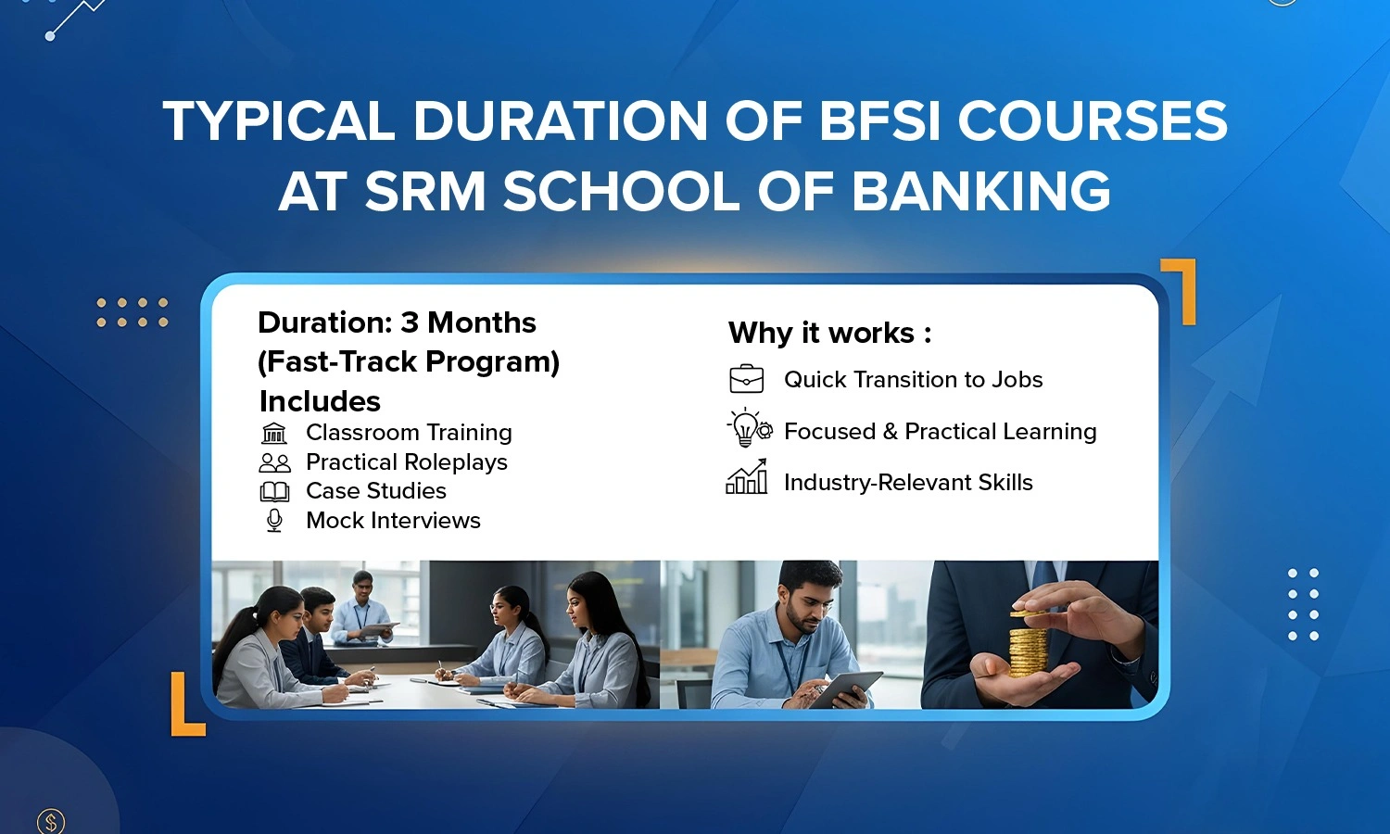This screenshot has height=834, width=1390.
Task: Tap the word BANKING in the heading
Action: click(x=981, y=191)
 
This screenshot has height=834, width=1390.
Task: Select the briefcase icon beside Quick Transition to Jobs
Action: click(x=747, y=378)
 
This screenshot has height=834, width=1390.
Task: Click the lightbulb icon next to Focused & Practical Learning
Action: click(x=749, y=427)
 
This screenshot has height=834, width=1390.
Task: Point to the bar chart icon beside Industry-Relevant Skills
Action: click(x=747, y=476)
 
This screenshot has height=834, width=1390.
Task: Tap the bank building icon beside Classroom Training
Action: click(x=273, y=433)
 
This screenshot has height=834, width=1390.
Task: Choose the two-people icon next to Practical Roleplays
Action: click(x=274, y=463)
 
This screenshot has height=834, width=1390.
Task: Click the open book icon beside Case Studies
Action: click(x=274, y=492)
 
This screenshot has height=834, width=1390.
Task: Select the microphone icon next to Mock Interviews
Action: click(x=274, y=521)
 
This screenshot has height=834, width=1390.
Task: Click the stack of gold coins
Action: click(x=1028, y=644)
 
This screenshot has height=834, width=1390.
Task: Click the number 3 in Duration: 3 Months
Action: click(x=409, y=322)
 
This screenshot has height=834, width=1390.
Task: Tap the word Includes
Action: click(x=320, y=401)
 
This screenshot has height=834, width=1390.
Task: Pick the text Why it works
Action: click(x=821, y=334)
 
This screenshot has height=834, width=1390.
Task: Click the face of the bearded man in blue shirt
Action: click(x=806, y=601)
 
